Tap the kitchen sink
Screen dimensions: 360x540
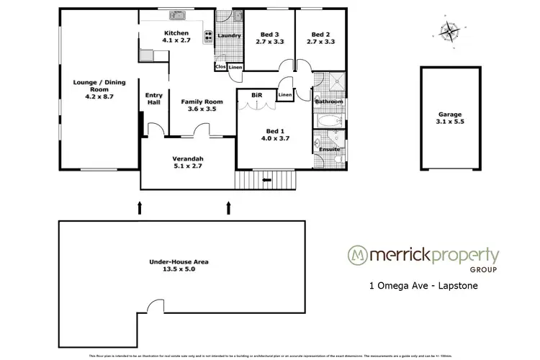click(176, 14)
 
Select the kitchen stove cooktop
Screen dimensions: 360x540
click(207, 35)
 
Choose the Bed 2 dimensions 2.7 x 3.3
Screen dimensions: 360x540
click(320, 42)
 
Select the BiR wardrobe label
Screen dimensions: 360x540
click(256, 94)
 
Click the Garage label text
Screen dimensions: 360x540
click(450, 114)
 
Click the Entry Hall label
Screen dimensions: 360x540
click(154, 99)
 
